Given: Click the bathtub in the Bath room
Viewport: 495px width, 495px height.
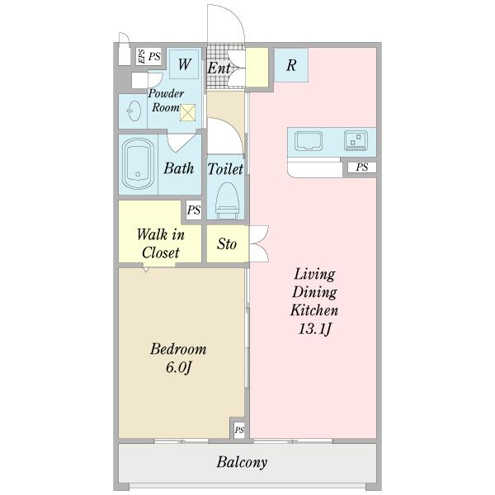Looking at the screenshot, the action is (x=138, y=164).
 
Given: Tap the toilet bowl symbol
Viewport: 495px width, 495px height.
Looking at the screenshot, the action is (x=226, y=200).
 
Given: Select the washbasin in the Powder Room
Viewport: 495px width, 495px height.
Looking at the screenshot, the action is (x=134, y=111).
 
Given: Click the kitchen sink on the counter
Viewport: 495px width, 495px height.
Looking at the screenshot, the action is (x=309, y=140).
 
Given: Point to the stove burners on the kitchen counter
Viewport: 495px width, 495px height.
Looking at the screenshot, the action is (x=356, y=140).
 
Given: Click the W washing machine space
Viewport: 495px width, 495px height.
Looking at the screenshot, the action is (x=184, y=64).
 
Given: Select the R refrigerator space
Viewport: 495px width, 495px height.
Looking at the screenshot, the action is (x=290, y=65).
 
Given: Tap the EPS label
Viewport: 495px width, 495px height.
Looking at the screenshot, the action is (x=141, y=56).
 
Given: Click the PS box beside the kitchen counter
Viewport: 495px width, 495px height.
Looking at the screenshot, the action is (x=362, y=167).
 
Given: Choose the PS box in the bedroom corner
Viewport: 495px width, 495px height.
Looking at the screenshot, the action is (x=239, y=430).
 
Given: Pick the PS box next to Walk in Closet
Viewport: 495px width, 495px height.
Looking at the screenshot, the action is (x=194, y=210).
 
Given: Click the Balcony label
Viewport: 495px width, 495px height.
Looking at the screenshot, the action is (x=242, y=462).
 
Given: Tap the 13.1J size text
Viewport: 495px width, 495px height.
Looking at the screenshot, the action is (x=315, y=329).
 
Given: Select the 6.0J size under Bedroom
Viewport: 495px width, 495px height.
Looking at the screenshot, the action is (x=179, y=367).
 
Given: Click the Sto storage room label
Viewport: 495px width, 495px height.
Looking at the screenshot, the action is (x=227, y=244).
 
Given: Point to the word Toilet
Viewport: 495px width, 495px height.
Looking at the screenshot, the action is (x=225, y=169).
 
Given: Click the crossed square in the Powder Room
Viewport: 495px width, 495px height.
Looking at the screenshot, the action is (x=187, y=113).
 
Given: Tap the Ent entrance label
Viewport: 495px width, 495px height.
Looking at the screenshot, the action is (x=219, y=68).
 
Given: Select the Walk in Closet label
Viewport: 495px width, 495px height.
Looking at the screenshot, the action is (x=160, y=243).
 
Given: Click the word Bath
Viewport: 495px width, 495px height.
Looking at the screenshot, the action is (x=179, y=168).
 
